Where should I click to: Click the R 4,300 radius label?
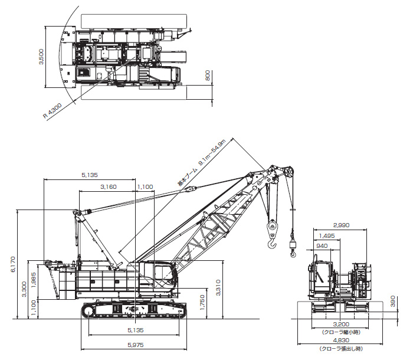click(x=53, y=111)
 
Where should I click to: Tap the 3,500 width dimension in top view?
click(x=41, y=57)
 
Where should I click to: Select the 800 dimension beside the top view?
click(x=208, y=76)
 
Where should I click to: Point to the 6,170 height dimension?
click(x=13, y=264)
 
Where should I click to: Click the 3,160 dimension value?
click(x=109, y=187)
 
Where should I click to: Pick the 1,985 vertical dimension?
click(x=34, y=280)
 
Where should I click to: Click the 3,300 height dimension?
click(x=24, y=289)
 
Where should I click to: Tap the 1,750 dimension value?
click(x=202, y=302)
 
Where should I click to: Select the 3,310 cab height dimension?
click(x=218, y=288)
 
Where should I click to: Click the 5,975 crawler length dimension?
click(x=136, y=345)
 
